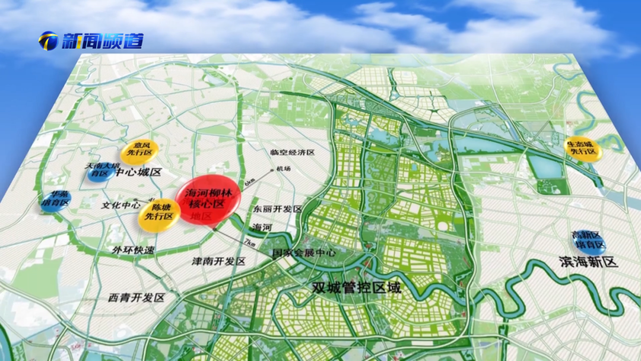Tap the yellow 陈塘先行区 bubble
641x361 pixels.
(159, 214)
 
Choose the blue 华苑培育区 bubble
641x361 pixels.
(56, 200)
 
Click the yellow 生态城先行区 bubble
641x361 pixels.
(583, 148)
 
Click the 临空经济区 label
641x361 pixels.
(292, 153)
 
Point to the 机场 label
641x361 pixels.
(284, 169)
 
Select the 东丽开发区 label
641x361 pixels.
(278, 210)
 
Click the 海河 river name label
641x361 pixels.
(262, 227)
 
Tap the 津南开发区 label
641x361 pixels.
(218, 261)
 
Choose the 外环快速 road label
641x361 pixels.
(133, 249)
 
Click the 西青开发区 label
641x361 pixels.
(137, 297)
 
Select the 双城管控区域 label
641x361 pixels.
(357, 288)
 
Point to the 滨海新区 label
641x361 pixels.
(589, 262)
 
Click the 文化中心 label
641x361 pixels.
(120, 205)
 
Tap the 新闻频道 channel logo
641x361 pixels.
(91, 41)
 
